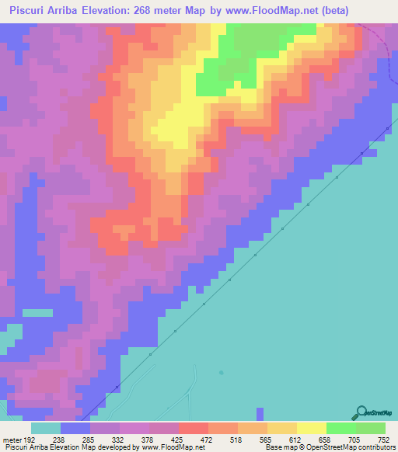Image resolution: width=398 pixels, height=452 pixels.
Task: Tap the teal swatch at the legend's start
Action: pos(46,428)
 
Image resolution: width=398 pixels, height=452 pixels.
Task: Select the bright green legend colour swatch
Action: pos(341,428)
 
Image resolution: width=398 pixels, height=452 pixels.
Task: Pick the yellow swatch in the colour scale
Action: pos(312,428)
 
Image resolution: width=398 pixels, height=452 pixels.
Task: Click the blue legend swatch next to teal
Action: pos(75,428)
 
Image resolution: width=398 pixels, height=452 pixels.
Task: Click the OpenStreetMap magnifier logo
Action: pos(361,412)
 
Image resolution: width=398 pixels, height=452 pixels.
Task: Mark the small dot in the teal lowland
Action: pos(221,371)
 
